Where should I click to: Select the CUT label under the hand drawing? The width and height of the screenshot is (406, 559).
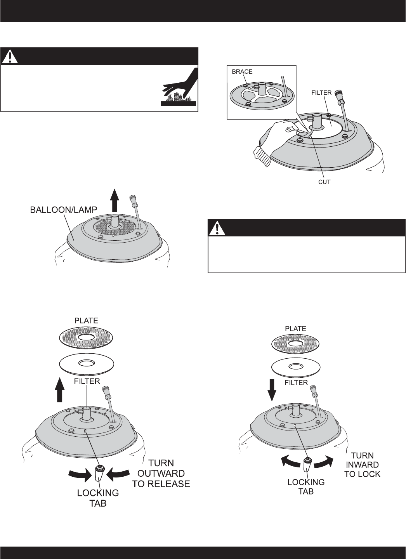(x=324, y=181)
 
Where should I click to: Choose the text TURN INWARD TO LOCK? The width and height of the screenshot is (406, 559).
(x=362, y=465)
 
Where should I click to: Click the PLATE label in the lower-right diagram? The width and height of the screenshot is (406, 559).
(x=295, y=329)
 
